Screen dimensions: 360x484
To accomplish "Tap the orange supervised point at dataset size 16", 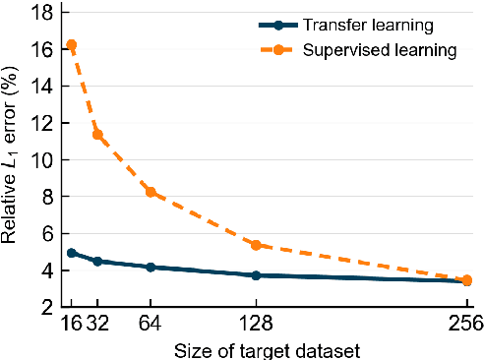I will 71,45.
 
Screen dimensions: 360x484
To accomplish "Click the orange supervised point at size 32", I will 97,134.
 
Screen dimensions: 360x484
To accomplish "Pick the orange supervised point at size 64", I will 151,192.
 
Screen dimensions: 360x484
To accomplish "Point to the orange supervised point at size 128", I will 256,245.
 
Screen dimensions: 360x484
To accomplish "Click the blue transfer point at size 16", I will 71,253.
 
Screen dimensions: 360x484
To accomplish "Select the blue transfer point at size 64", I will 151,267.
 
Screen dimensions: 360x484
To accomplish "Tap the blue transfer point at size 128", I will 256,275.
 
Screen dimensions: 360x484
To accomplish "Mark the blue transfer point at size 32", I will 97,261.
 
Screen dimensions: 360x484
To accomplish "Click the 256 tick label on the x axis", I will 464,324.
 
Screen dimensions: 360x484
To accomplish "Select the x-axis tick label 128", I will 256,324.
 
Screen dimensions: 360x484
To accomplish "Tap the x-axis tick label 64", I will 151,324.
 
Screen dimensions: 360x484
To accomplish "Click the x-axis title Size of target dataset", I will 265,348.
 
